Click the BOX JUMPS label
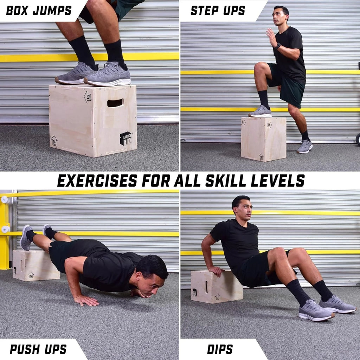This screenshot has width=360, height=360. (39, 11)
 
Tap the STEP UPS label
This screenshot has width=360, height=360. (218, 11)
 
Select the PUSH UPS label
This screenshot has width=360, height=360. (38, 349)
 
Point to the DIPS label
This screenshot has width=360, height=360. (220, 349)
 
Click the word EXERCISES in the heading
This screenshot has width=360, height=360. (97, 181)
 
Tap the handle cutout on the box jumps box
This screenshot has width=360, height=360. (115, 103)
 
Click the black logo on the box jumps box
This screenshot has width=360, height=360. (126, 138)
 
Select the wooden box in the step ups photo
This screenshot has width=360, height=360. (263, 139)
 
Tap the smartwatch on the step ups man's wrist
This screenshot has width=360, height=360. (278, 46)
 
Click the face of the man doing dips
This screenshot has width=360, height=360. (244, 210)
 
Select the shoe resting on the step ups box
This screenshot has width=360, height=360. (261, 112)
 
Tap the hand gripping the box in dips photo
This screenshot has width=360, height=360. (216, 271)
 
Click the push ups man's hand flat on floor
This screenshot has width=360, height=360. (86, 300)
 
